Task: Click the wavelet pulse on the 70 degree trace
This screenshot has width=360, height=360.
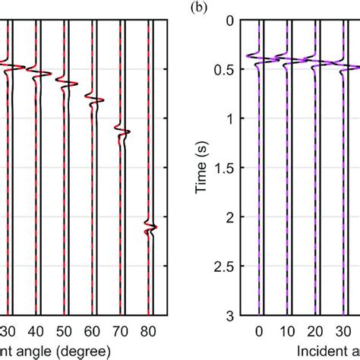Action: point(122,134)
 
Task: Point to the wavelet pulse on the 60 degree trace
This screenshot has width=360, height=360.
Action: point(94,99)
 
